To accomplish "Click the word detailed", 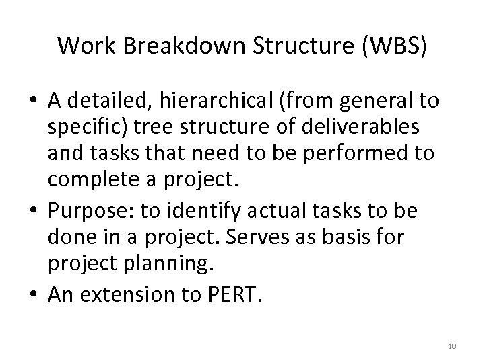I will click(x=109, y=102).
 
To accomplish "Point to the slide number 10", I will click(x=451, y=346).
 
